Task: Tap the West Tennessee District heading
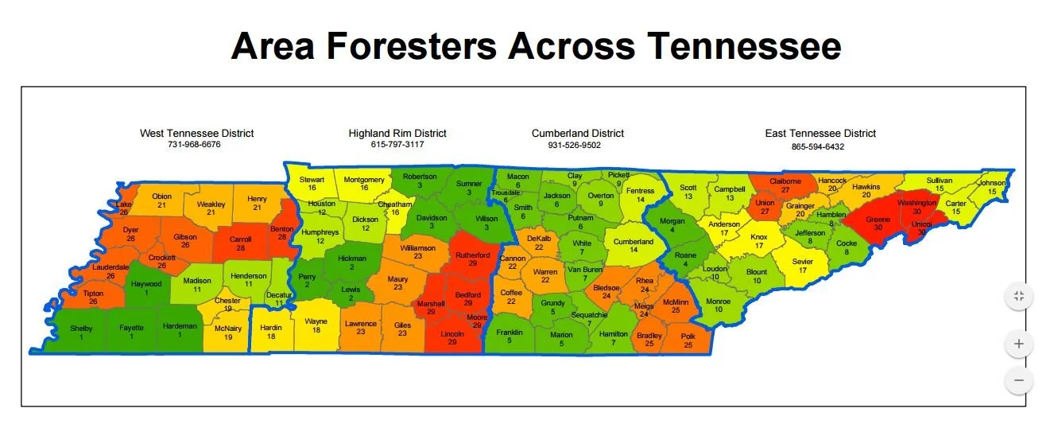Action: pyautogui.click(x=196, y=134)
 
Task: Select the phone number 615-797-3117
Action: pyautogui.click(x=397, y=145)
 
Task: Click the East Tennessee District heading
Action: pyautogui.click(x=820, y=134)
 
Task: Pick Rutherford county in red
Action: pyautogui.click(x=473, y=259)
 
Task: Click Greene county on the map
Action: pyautogui.click(x=878, y=223)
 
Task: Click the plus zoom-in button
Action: pyautogui.click(x=1018, y=345)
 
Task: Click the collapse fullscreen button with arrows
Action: pyautogui.click(x=1018, y=297)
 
